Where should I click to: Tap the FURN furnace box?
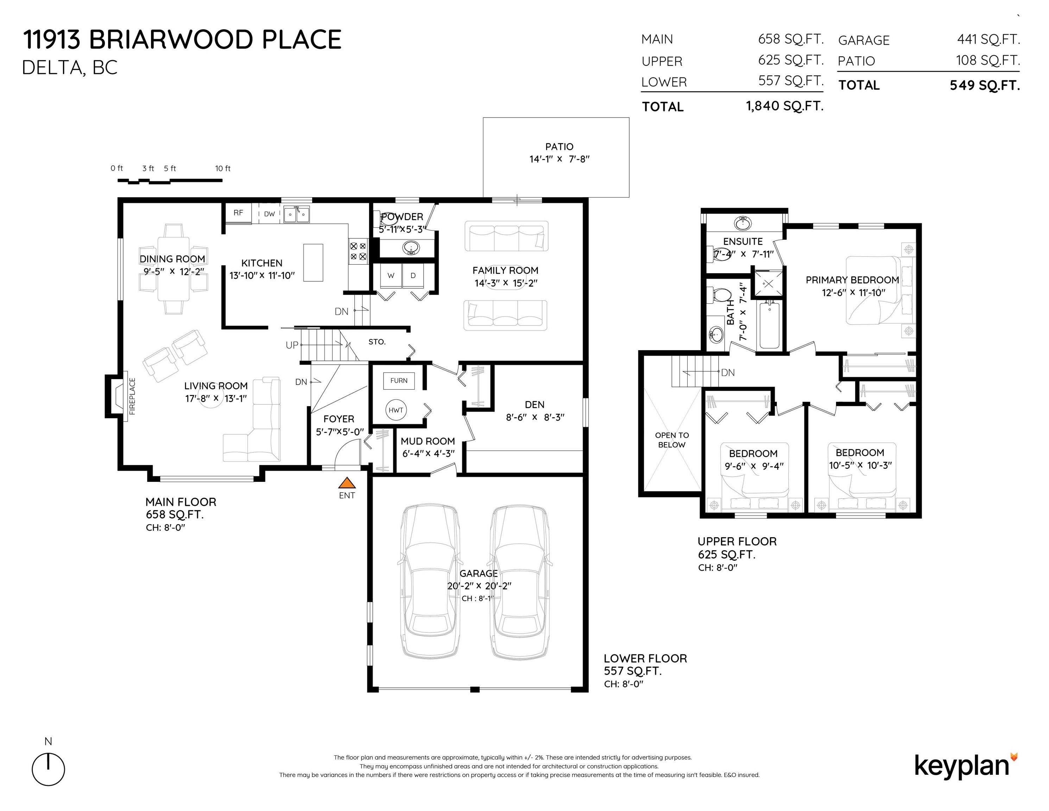pyautogui.click(x=399, y=381)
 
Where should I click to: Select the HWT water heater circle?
pyautogui.click(x=396, y=410)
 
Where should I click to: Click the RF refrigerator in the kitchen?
pyautogui.click(x=238, y=213)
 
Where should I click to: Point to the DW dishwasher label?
pyautogui.click(x=270, y=214)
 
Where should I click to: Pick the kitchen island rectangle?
pyautogui.click(x=313, y=262)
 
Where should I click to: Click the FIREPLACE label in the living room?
pyautogui.click(x=132, y=396)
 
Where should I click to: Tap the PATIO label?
pyautogui.click(x=559, y=146)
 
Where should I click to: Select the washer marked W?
pyautogui.click(x=391, y=276)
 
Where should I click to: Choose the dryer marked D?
pyautogui.click(x=413, y=276)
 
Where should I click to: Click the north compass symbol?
pyautogui.click(x=48, y=769)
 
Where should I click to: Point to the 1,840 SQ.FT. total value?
pyautogui.click(x=785, y=106)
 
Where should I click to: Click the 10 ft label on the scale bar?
pyautogui.click(x=222, y=168)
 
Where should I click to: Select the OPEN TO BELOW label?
pyautogui.click(x=671, y=440)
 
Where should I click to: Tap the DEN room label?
pyautogui.click(x=535, y=404)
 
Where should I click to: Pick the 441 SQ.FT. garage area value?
pyautogui.click(x=988, y=39)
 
